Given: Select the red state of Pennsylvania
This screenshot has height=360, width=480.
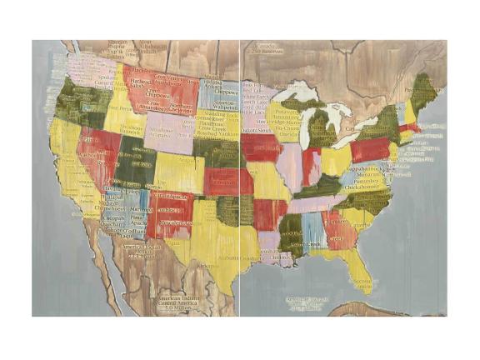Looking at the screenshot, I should point(370,149).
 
